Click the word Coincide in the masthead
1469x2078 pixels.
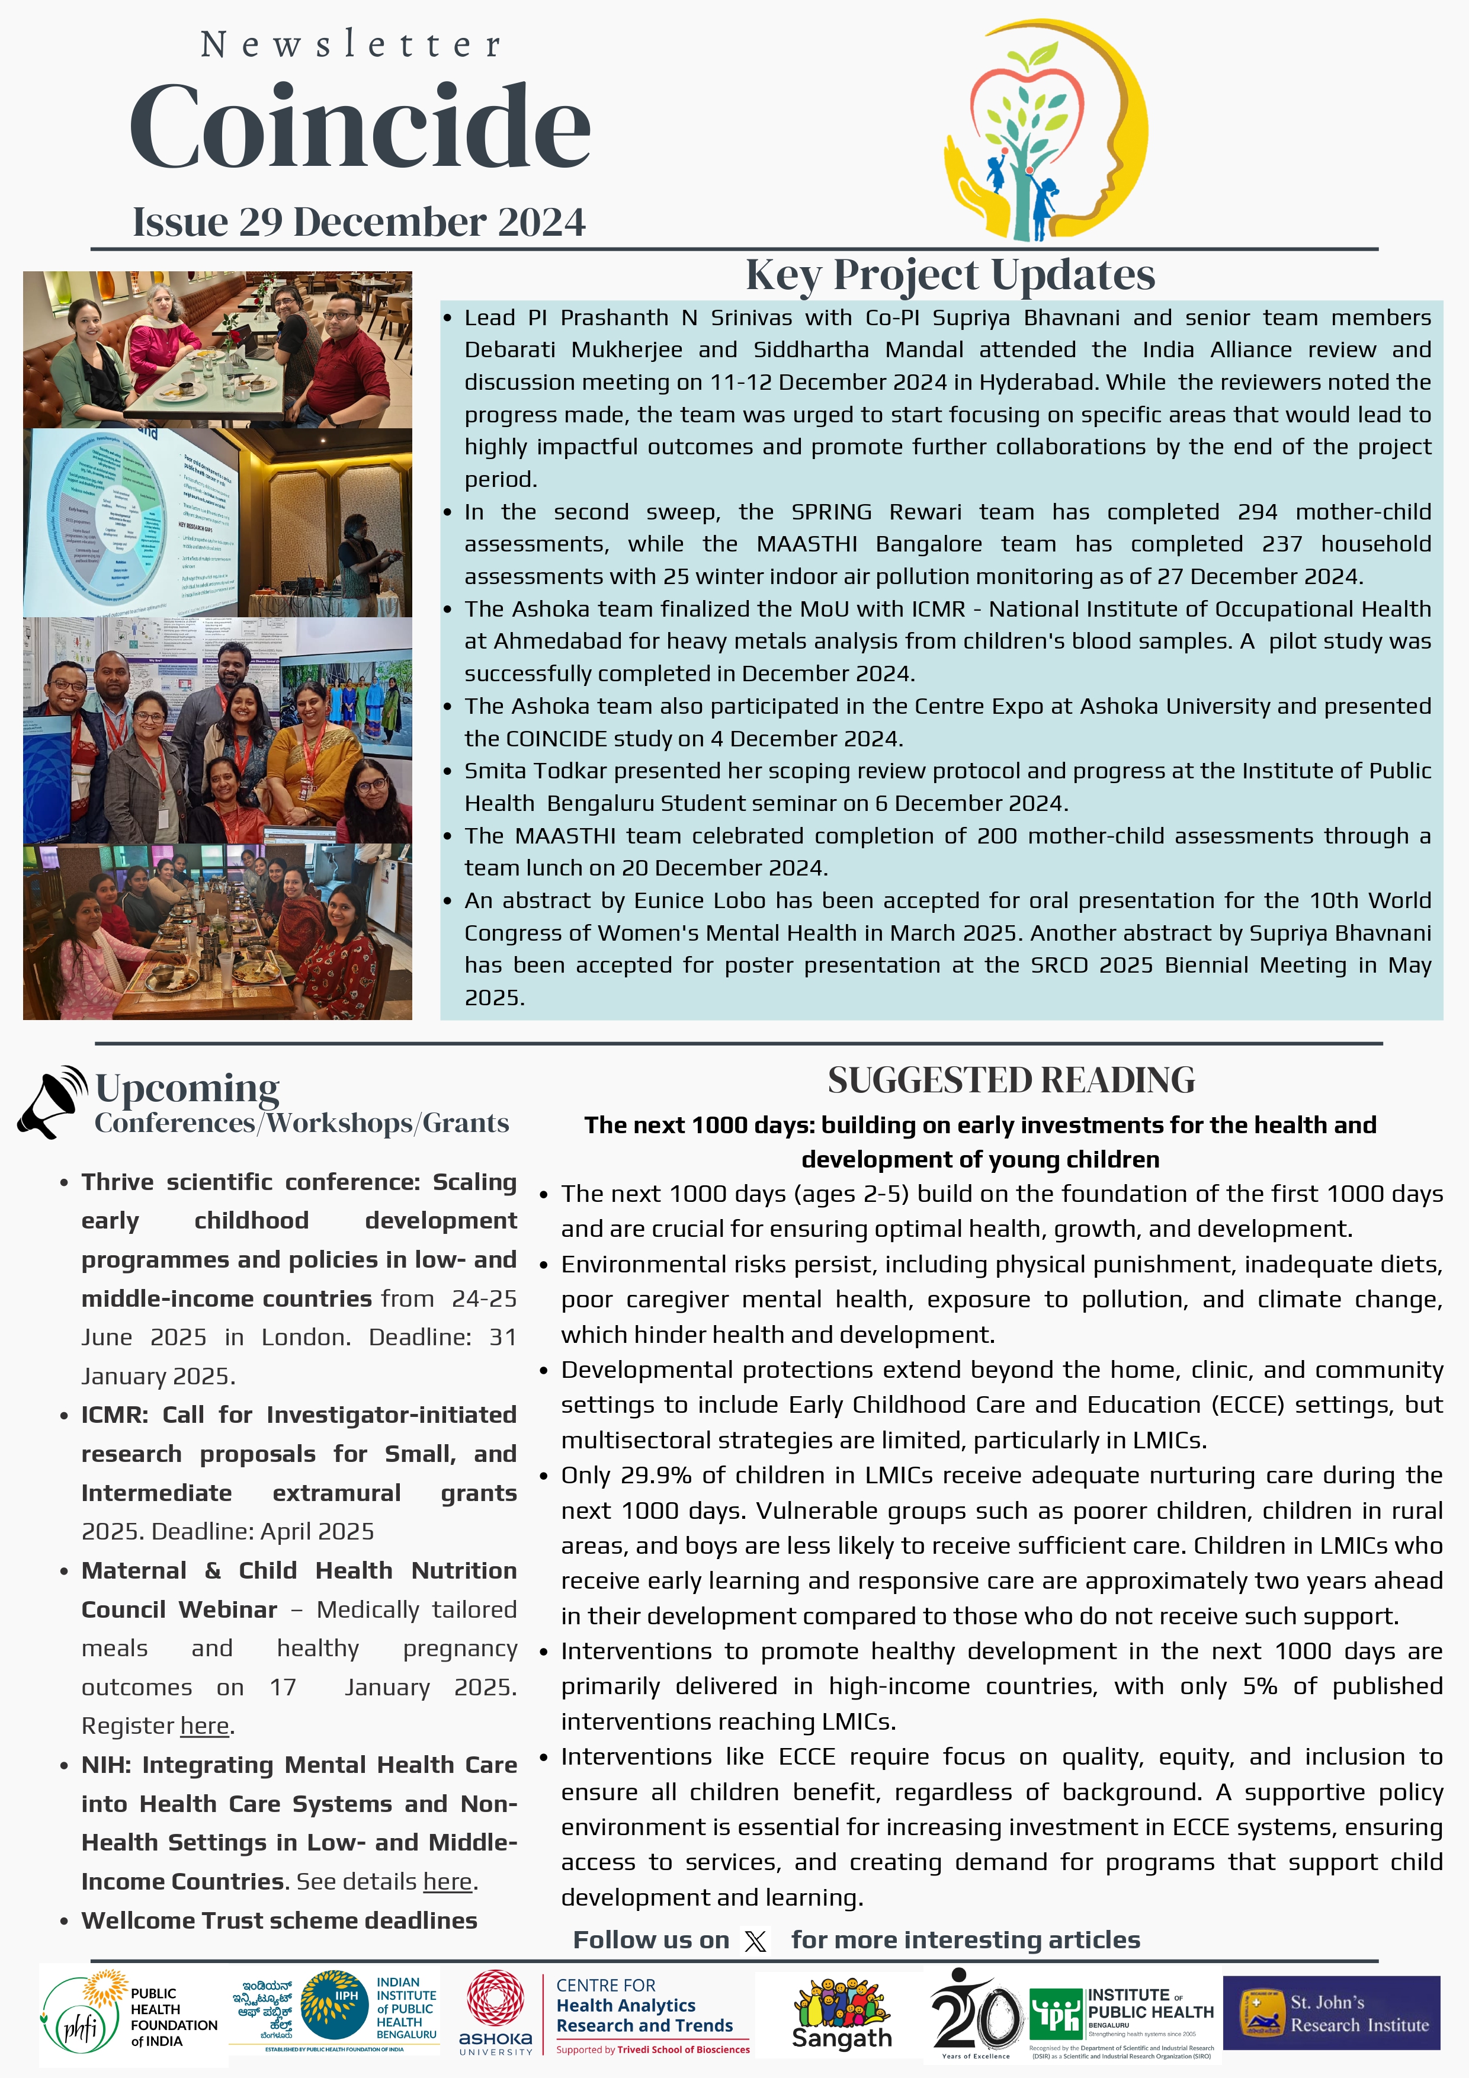coord(360,127)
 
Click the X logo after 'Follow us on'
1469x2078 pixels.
coord(755,1941)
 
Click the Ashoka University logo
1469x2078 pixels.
coord(495,2013)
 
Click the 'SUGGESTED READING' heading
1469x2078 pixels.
coord(1011,1080)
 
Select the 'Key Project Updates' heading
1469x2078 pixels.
coord(950,275)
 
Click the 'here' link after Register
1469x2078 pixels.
coord(204,1726)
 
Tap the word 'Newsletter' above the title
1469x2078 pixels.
coord(351,44)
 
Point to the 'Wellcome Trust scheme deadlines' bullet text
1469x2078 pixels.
coord(279,1920)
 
